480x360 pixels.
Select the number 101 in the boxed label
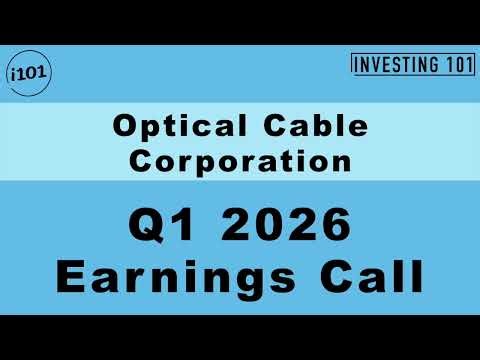[x=451, y=64]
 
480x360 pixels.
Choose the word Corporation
[x=240, y=159]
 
